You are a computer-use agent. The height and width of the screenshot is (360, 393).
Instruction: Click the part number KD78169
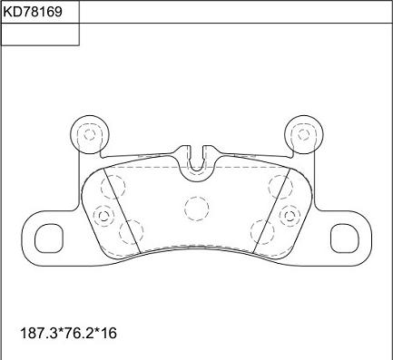coord(40,14)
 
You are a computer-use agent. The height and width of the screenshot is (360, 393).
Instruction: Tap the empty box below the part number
coord(40,34)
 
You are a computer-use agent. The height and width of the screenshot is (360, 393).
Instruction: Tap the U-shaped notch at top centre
coord(197,157)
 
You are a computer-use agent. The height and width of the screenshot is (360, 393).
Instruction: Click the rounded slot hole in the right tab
coord(345,238)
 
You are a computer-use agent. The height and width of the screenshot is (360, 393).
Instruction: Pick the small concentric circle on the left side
coord(103,216)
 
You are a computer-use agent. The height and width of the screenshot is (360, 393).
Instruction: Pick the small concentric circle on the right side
coord(290,216)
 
